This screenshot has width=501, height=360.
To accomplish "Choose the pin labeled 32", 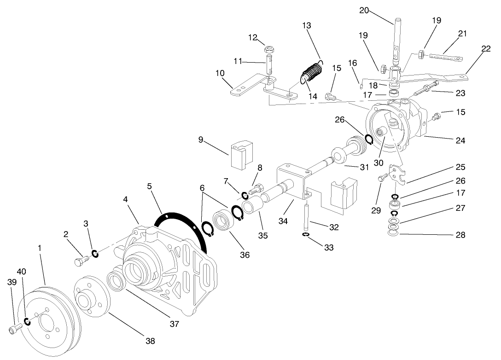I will coord(306,216).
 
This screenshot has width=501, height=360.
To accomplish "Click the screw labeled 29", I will coord(381,178).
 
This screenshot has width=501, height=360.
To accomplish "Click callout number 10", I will coord(220,73).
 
